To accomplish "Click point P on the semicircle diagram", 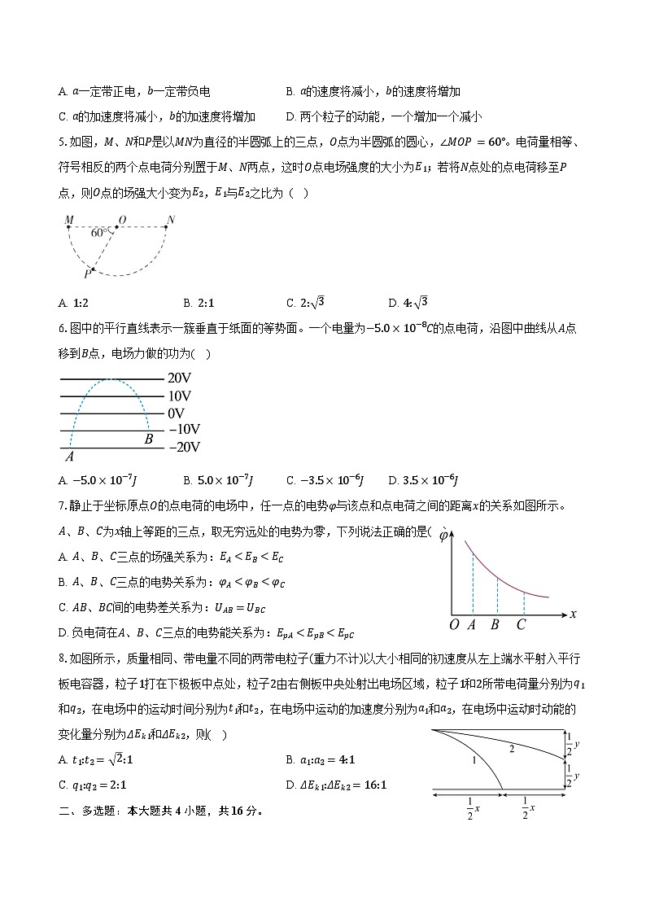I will point(87,274).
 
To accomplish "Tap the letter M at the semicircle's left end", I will point(69,220).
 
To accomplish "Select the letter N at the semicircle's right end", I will point(170,220).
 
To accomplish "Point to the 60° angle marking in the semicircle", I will point(100,233).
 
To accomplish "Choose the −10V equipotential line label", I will point(183,430).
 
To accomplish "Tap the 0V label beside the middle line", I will point(177,413).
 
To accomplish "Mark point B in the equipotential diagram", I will point(149,440).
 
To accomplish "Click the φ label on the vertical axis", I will point(443,536).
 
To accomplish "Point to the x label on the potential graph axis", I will point(573,614).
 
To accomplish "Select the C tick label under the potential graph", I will point(522,625).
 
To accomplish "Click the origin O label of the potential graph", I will point(454,625).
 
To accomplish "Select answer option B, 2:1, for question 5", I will point(199,303).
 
